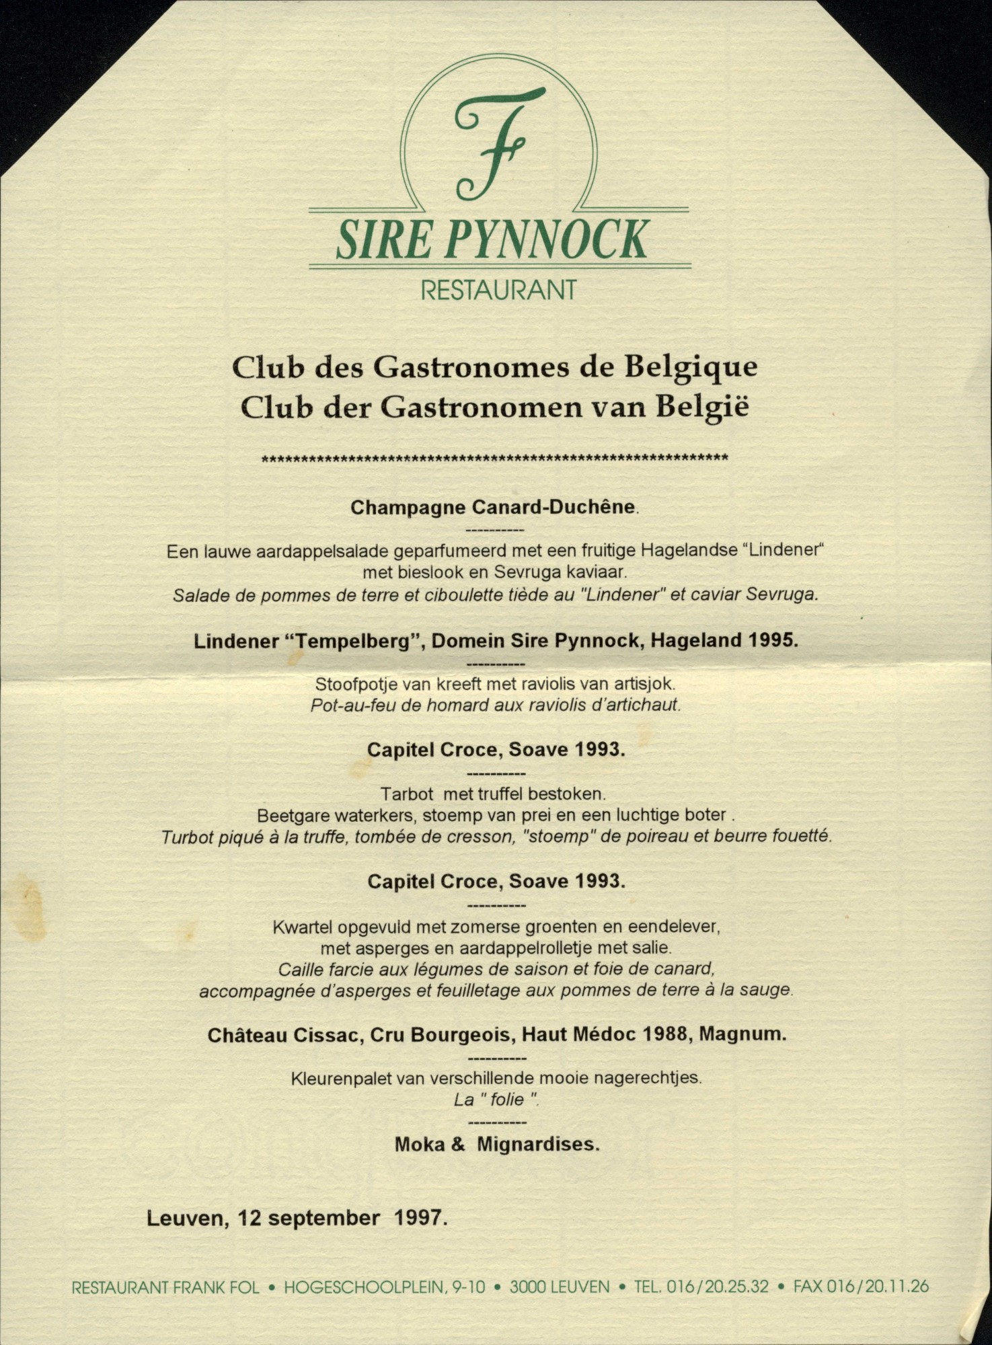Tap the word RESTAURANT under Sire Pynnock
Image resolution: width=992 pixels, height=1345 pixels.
point(498,290)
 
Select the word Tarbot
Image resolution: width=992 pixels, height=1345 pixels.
point(407,794)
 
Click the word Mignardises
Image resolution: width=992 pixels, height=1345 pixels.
point(538,1144)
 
